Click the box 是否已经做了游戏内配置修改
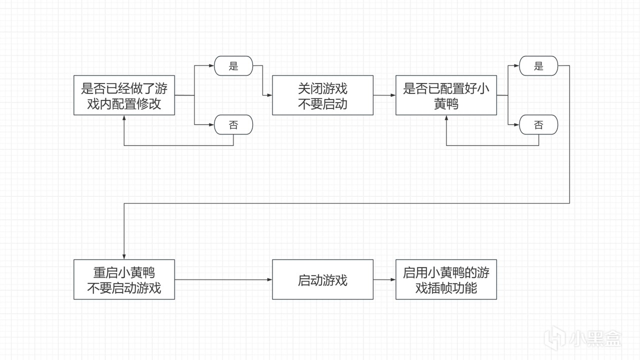click(124, 95)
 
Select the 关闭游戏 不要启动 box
click(322, 95)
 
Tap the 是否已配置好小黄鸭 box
click(446, 95)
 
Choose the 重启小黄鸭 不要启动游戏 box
click(124, 279)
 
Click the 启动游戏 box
click(322, 279)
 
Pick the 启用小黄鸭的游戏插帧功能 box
click(446, 279)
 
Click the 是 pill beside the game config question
click(233, 66)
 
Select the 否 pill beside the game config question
click(233, 124)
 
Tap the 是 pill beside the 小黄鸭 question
click(538, 66)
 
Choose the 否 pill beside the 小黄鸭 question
click(538, 124)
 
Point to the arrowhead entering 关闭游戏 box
click(269, 95)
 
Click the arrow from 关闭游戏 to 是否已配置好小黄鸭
click(384, 95)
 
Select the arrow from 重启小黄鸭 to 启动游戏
click(223, 279)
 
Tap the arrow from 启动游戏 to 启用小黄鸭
click(384, 279)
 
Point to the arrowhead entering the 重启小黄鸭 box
click(124, 256)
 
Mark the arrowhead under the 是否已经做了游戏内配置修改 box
click(124, 118)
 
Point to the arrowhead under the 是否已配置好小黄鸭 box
click(446, 118)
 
